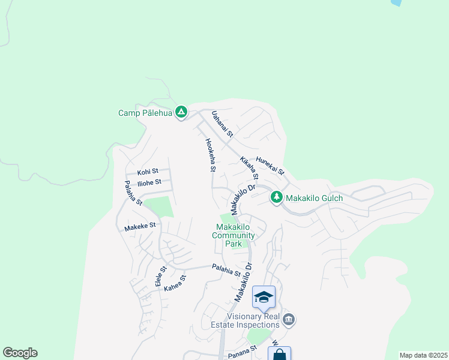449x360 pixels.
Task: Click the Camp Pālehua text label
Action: coord(145,113)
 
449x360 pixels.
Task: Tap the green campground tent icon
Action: coord(181,112)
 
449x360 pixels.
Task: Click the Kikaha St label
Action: coord(249,169)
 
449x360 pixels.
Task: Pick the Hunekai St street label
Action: coord(270,166)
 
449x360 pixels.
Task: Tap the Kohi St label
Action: coord(148,172)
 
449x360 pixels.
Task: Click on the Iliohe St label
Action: coord(149,182)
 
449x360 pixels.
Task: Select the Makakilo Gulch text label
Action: coord(314,198)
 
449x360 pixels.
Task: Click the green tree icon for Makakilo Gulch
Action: coord(276,197)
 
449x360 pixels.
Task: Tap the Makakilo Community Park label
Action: coord(234,235)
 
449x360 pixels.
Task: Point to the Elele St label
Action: coord(160,276)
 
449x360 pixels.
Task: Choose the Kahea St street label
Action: coord(176,283)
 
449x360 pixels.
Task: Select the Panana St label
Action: coord(243,352)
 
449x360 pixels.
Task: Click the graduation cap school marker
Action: coord(264,297)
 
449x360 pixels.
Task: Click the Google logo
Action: coord(20,353)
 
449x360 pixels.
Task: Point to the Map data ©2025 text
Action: coord(423,355)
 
